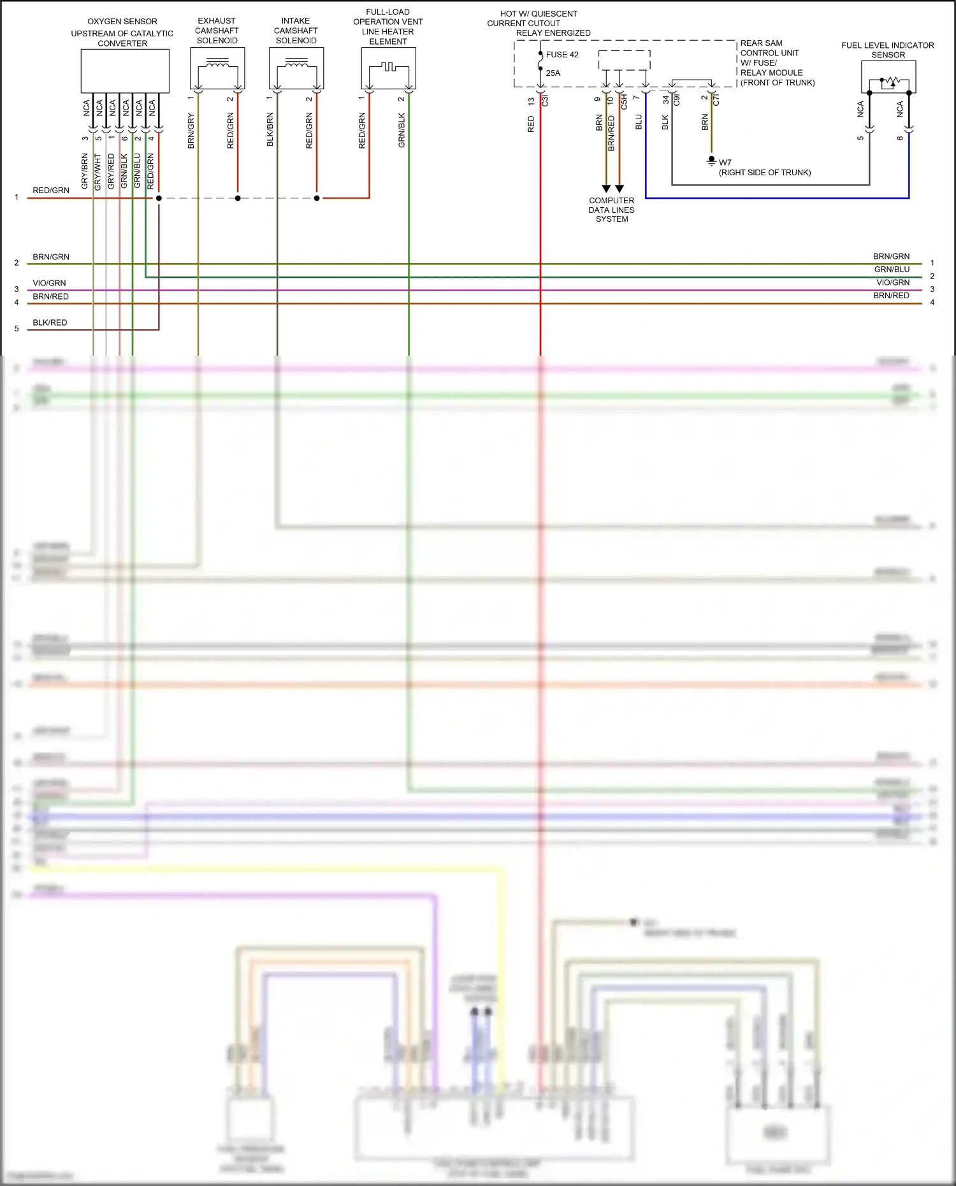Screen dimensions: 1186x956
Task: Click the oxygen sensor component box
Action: (125, 71)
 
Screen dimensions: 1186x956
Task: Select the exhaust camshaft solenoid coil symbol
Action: (217, 63)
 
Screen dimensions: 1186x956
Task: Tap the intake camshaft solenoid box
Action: (296, 68)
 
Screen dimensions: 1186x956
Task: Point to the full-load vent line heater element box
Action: (388, 68)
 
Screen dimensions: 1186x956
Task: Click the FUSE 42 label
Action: (562, 55)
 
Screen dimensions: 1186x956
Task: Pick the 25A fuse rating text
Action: (553, 73)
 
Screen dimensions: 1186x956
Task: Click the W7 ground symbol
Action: (711, 161)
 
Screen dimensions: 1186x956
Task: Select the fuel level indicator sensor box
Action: (888, 77)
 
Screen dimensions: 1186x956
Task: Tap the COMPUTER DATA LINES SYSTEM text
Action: (611, 210)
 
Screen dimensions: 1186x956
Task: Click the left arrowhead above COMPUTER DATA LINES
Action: (606, 189)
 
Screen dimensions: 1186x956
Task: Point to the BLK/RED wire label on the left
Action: (50, 322)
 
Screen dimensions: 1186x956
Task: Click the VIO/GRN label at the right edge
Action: (892, 282)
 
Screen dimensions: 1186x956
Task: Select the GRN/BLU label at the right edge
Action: (892, 270)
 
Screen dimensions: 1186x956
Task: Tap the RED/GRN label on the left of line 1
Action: (51, 191)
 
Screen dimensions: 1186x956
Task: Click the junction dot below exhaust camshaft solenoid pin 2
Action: (238, 198)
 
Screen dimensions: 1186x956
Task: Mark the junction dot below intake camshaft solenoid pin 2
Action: (317, 198)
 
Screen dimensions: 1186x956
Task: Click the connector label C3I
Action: (545, 100)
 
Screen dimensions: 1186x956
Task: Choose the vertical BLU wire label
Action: (639, 122)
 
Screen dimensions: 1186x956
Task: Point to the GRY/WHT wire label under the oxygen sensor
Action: (98, 171)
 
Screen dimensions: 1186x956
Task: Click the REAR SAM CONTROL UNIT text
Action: (769, 48)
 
